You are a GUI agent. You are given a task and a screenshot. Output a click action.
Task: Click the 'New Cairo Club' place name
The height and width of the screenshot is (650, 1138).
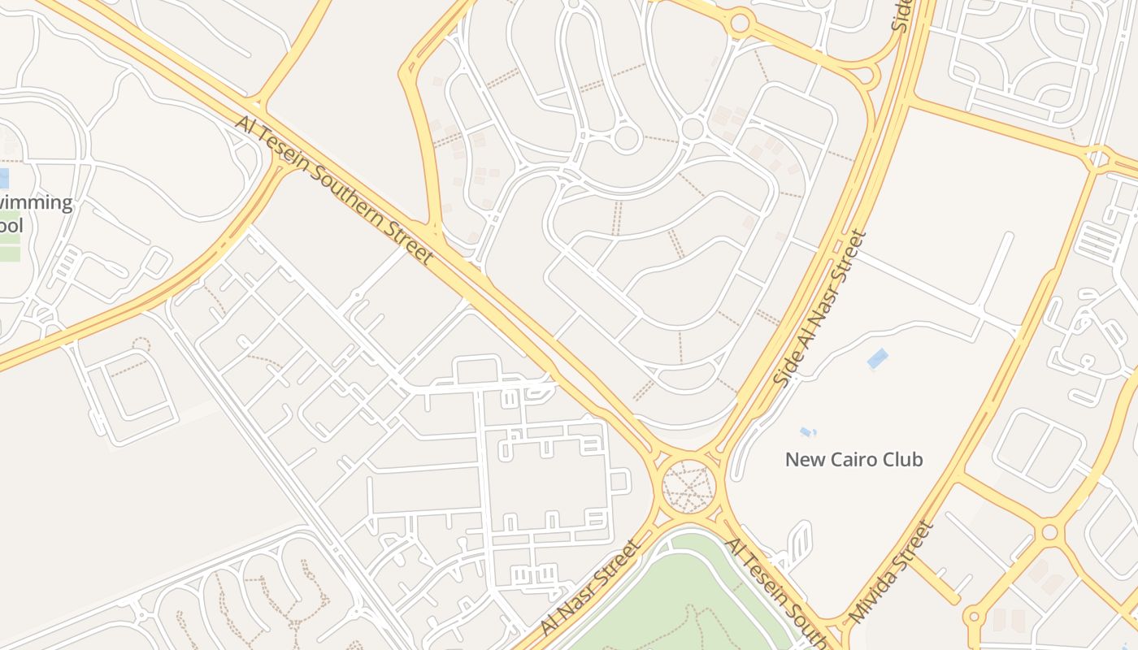coord(853,460)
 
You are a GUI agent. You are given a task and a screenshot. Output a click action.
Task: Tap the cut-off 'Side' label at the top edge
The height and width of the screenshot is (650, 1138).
coord(902,15)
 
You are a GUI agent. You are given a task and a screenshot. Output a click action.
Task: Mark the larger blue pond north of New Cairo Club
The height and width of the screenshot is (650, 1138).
coord(877,358)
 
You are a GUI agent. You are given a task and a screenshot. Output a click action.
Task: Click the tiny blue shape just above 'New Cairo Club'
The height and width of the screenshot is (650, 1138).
coord(807,431)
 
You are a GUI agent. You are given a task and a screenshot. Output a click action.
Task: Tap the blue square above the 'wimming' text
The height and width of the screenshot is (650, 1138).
coord(3,178)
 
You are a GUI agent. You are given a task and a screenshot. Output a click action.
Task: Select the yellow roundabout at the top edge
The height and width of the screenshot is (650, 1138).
coord(739,22)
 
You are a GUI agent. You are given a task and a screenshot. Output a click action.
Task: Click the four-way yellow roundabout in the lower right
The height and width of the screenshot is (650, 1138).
coord(1049,533)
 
